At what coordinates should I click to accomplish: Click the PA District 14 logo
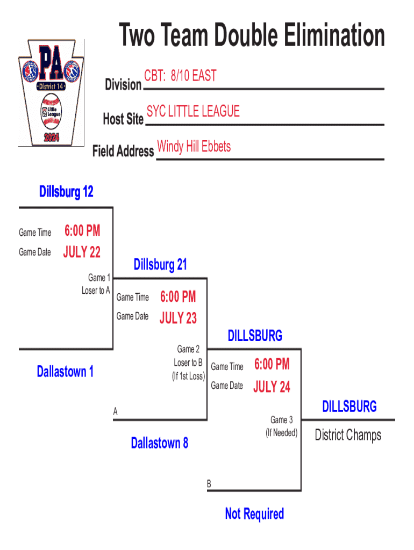pyautogui.click(x=52, y=92)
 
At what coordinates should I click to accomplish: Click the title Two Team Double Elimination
pyautogui.click(x=252, y=36)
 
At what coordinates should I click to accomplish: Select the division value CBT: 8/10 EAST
pyautogui.click(x=180, y=76)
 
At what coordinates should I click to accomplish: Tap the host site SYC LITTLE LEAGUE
pyautogui.click(x=193, y=111)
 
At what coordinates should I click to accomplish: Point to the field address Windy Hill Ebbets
pyautogui.click(x=194, y=146)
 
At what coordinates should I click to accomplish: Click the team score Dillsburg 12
pyautogui.click(x=66, y=192)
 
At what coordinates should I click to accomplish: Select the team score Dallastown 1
pyautogui.click(x=65, y=371)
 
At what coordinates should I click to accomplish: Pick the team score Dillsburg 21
pyautogui.click(x=160, y=264)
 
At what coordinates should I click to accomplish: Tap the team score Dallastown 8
pyautogui.click(x=159, y=443)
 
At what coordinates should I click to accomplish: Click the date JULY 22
pyautogui.click(x=82, y=252)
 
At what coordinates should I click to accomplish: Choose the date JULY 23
pyautogui.click(x=178, y=318)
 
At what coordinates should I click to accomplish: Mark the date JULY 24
pyautogui.click(x=272, y=387)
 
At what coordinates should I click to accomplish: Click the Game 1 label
pyautogui.click(x=99, y=278)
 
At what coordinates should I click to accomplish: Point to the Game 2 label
pyautogui.click(x=189, y=350)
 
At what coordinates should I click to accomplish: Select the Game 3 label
pyautogui.click(x=282, y=419)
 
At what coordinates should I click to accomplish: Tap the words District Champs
pyautogui.click(x=348, y=435)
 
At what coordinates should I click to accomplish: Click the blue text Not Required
pyautogui.click(x=254, y=514)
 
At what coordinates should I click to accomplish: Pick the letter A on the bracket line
pyautogui.click(x=115, y=412)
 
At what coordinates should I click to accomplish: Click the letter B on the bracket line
pyautogui.click(x=209, y=484)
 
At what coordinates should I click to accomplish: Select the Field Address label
pyautogui.click(x=123, y=151)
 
